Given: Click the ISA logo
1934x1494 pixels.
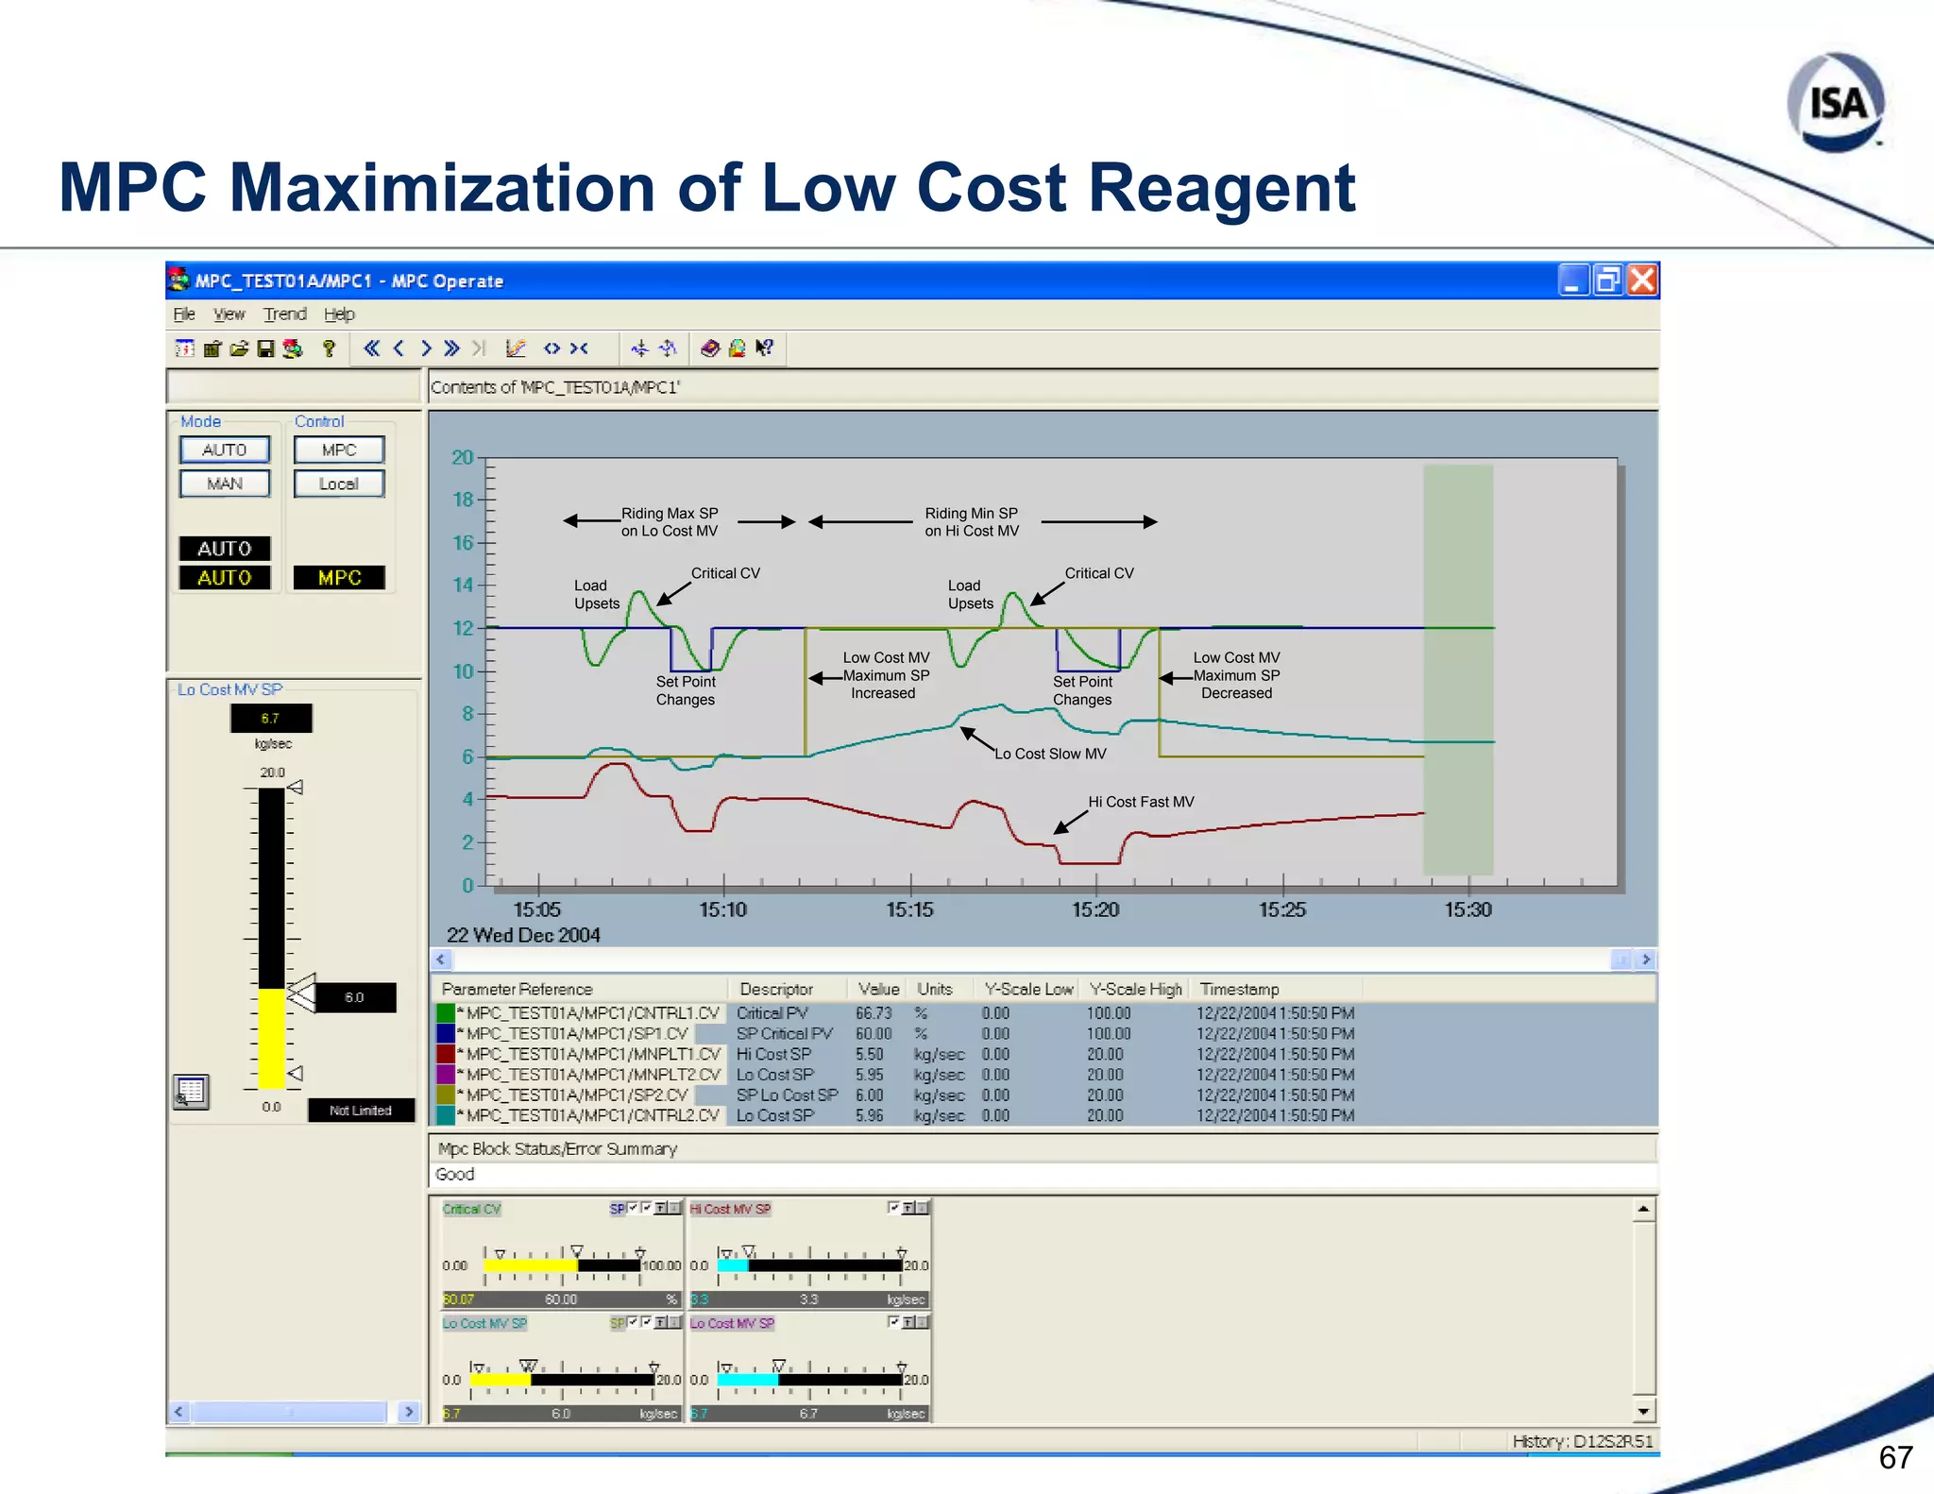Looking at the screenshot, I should pyautogui.click(x=1836, y=102).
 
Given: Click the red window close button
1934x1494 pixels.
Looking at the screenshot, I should pyautogui.click(x=1643, y=280).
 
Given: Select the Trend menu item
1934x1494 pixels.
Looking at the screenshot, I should pyautogui.click(x=284, y=314).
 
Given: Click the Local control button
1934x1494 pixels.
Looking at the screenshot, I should pyautogui.click(x=339, y=484).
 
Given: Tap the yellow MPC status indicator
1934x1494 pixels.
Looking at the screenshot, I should pyautogui.click(x=339, y=577).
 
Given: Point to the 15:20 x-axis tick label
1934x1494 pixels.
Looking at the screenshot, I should pyautogui.click(x=1095, y=909).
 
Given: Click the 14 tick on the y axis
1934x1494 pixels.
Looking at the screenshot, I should pyautogui.click(x=463, y=585).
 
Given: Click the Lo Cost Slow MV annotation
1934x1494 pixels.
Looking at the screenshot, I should pyautogui.click(x=1049, y=754).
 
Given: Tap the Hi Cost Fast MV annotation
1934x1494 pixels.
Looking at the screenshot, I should pyautogui.click(x=1141, y=802).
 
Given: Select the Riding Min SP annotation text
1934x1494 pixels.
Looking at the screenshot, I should pyautogui.click(x=972, y=522).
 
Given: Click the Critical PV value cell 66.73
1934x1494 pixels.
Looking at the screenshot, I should pyautogui.click(x=874, y=1013).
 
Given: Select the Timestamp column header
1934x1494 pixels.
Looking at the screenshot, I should pyautogui.click(x=1239, y=989).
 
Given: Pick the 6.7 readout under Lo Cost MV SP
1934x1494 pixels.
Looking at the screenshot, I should pyautogui.click(x=271, y=719).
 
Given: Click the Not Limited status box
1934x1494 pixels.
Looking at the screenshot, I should pyautogui.click(x=361, y=1111).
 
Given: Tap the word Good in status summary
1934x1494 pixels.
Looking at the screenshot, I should pyautogui.click(x=455, y=1174).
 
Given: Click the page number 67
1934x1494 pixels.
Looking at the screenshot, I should pyautogui.click(x=1895, y=1457).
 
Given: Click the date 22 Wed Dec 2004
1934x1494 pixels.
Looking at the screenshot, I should pyautogui.click(x=523, y=935).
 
